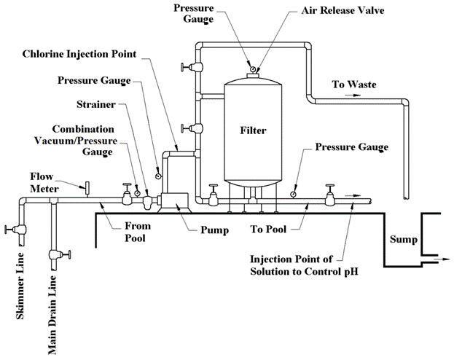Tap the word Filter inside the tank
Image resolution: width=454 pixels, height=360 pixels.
tap(253, 131)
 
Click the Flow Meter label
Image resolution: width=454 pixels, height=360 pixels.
tap(44, 181)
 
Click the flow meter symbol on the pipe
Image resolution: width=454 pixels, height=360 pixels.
tap(86, 189)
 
